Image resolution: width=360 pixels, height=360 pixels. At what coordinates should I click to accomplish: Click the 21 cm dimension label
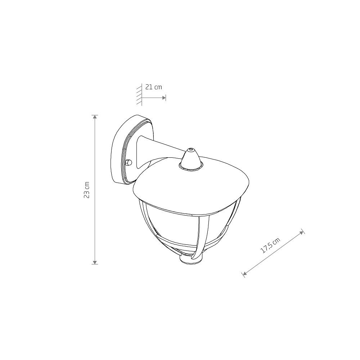[x=154, y=87]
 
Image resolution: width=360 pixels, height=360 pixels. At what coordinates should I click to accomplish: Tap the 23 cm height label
[x=86, y=190]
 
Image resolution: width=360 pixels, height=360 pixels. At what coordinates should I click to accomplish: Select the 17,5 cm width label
[x=271, y=246]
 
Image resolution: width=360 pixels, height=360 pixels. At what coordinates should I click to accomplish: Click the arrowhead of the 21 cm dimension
[x=164, y=98]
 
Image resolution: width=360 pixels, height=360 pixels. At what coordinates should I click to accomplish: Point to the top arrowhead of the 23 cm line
[x=95, y=117]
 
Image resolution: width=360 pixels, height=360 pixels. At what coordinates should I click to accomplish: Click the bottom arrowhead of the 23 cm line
[x=95, y=262]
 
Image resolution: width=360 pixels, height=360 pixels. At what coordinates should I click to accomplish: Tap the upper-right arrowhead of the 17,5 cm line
[x=301, y=232]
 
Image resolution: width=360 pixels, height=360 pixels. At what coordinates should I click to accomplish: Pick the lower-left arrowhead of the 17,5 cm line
[x=245, y=273]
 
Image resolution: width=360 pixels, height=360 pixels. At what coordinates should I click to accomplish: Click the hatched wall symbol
[x=139, y=95]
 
